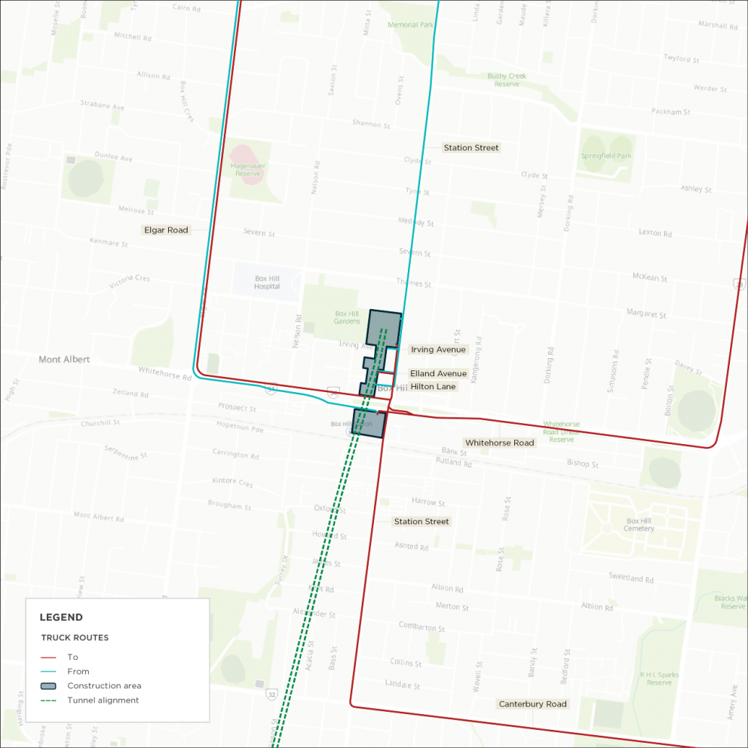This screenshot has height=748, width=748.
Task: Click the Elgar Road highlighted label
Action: click(x=166, y=229)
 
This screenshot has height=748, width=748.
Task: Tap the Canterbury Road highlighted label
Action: click(x=532, y=704)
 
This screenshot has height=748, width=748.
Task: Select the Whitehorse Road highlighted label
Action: click(x=499, y=443)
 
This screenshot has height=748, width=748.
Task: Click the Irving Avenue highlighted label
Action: click(x=438, y=349)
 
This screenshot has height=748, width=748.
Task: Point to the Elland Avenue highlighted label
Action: click(x=438, y=373)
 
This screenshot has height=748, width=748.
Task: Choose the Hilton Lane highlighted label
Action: click(x=433, y=386)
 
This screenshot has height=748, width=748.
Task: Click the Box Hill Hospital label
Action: click(x=267, y=282)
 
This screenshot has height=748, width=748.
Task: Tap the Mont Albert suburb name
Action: click(x=64, y=360)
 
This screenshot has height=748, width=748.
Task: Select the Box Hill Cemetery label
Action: click(x=639, y=525)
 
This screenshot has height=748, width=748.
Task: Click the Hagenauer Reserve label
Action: click(x=247, y=169)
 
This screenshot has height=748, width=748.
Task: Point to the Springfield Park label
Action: click(x=606, y=156)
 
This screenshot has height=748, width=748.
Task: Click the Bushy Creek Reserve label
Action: click(x=507, y=80)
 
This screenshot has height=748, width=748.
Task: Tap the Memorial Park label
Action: click(x=411, y=25)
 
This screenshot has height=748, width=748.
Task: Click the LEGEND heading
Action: click(x=61, y=617)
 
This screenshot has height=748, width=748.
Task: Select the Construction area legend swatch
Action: click(x=48, y=685)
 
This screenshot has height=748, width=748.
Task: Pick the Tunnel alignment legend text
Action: click(x=103, y=700)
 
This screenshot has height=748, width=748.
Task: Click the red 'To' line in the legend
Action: click(x=48, y=657)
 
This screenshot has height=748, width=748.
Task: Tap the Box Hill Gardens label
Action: click(x=347, y=317)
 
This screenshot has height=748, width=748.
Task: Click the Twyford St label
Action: click(x=682, y=59)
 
